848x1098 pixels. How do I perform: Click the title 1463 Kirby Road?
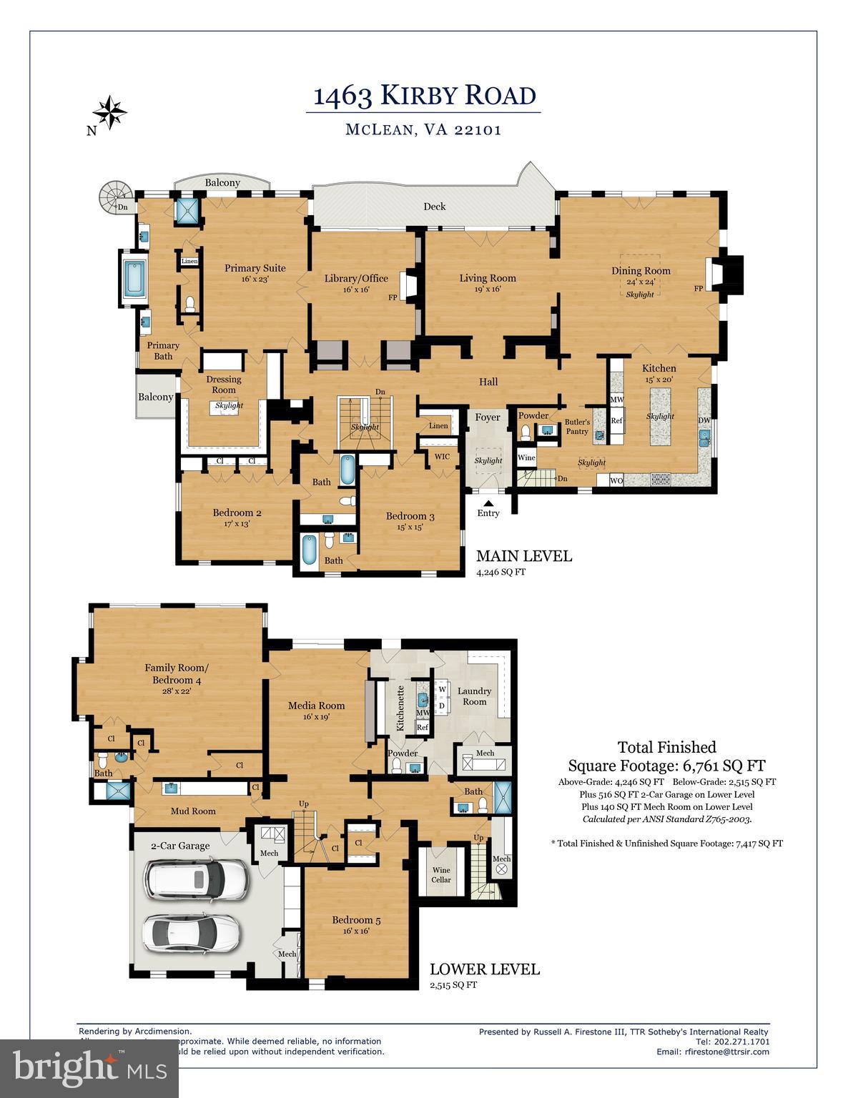pyautogui.click(x=424, y=95)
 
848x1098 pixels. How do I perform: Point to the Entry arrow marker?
pyautogui.click(x=488, y=504)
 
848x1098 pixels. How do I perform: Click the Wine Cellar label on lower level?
pyautogui.click(x=441, y=874)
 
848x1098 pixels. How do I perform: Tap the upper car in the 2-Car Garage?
pyautogui.click(x=196, y=879)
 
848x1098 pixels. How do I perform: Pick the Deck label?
pyautogui.click(x=434, y=207)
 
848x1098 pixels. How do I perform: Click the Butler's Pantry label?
pyautogui.click(x=577, y=427)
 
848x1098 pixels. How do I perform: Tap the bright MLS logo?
pyautogui.click(x=89, y=1069)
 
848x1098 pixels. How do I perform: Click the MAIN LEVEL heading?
pyautogui.click(x=523, y=556)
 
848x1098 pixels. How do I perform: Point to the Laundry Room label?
pyautogui.click(x=475, y=696)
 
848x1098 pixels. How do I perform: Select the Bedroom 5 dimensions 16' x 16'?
pyautogui.click(x=355, y=931)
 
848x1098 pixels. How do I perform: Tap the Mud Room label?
pyautogui.click(x=193, y=811)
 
